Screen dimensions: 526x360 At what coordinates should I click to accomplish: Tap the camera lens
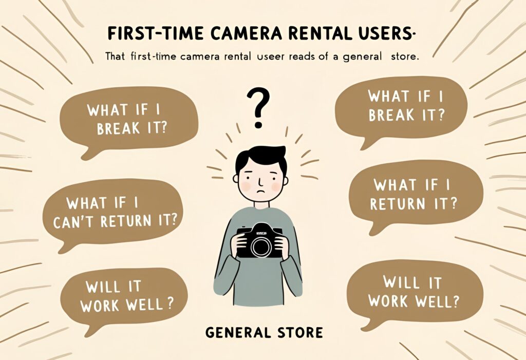[261, 247]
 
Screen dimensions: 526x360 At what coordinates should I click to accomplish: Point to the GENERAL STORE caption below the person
[265, 332]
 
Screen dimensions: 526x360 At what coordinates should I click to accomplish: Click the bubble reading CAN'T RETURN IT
[112, 215]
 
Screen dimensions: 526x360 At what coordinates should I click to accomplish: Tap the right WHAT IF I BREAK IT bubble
[401, 108]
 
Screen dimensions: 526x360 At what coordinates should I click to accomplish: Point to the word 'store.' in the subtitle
[405, 56]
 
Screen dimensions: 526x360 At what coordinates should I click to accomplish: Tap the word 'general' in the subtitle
[362, 57]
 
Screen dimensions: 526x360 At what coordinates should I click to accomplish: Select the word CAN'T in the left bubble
[73, 221]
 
